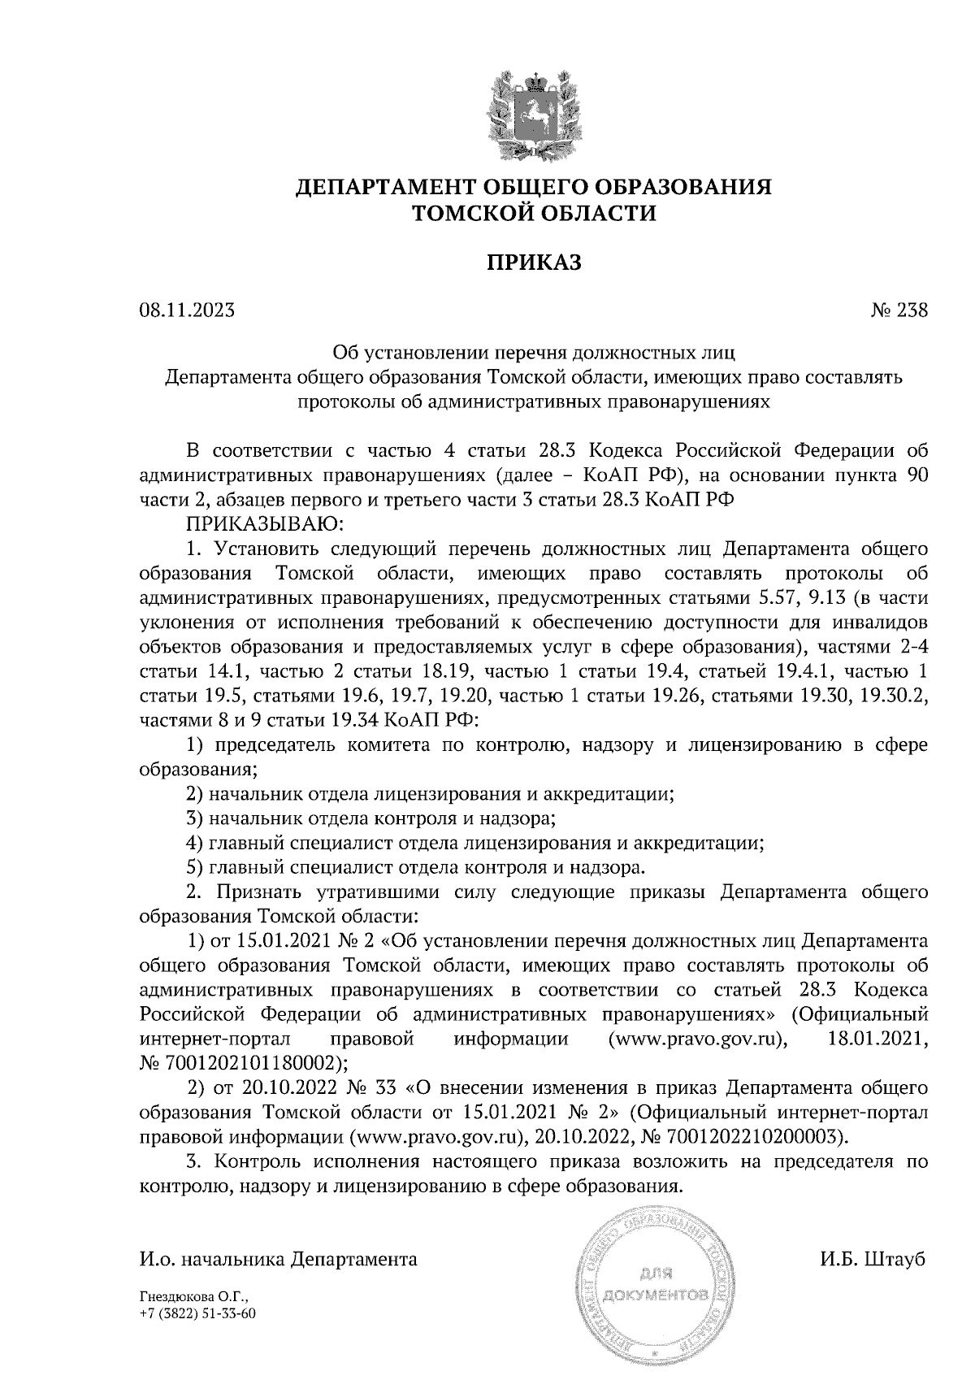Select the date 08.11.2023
(x=187, y=310)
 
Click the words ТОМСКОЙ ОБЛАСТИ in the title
(x=534, y=214)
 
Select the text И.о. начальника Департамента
(x=279, y=1260)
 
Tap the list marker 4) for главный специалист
(x=194, y=844)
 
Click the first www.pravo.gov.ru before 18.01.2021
(x=698, y=1039)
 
